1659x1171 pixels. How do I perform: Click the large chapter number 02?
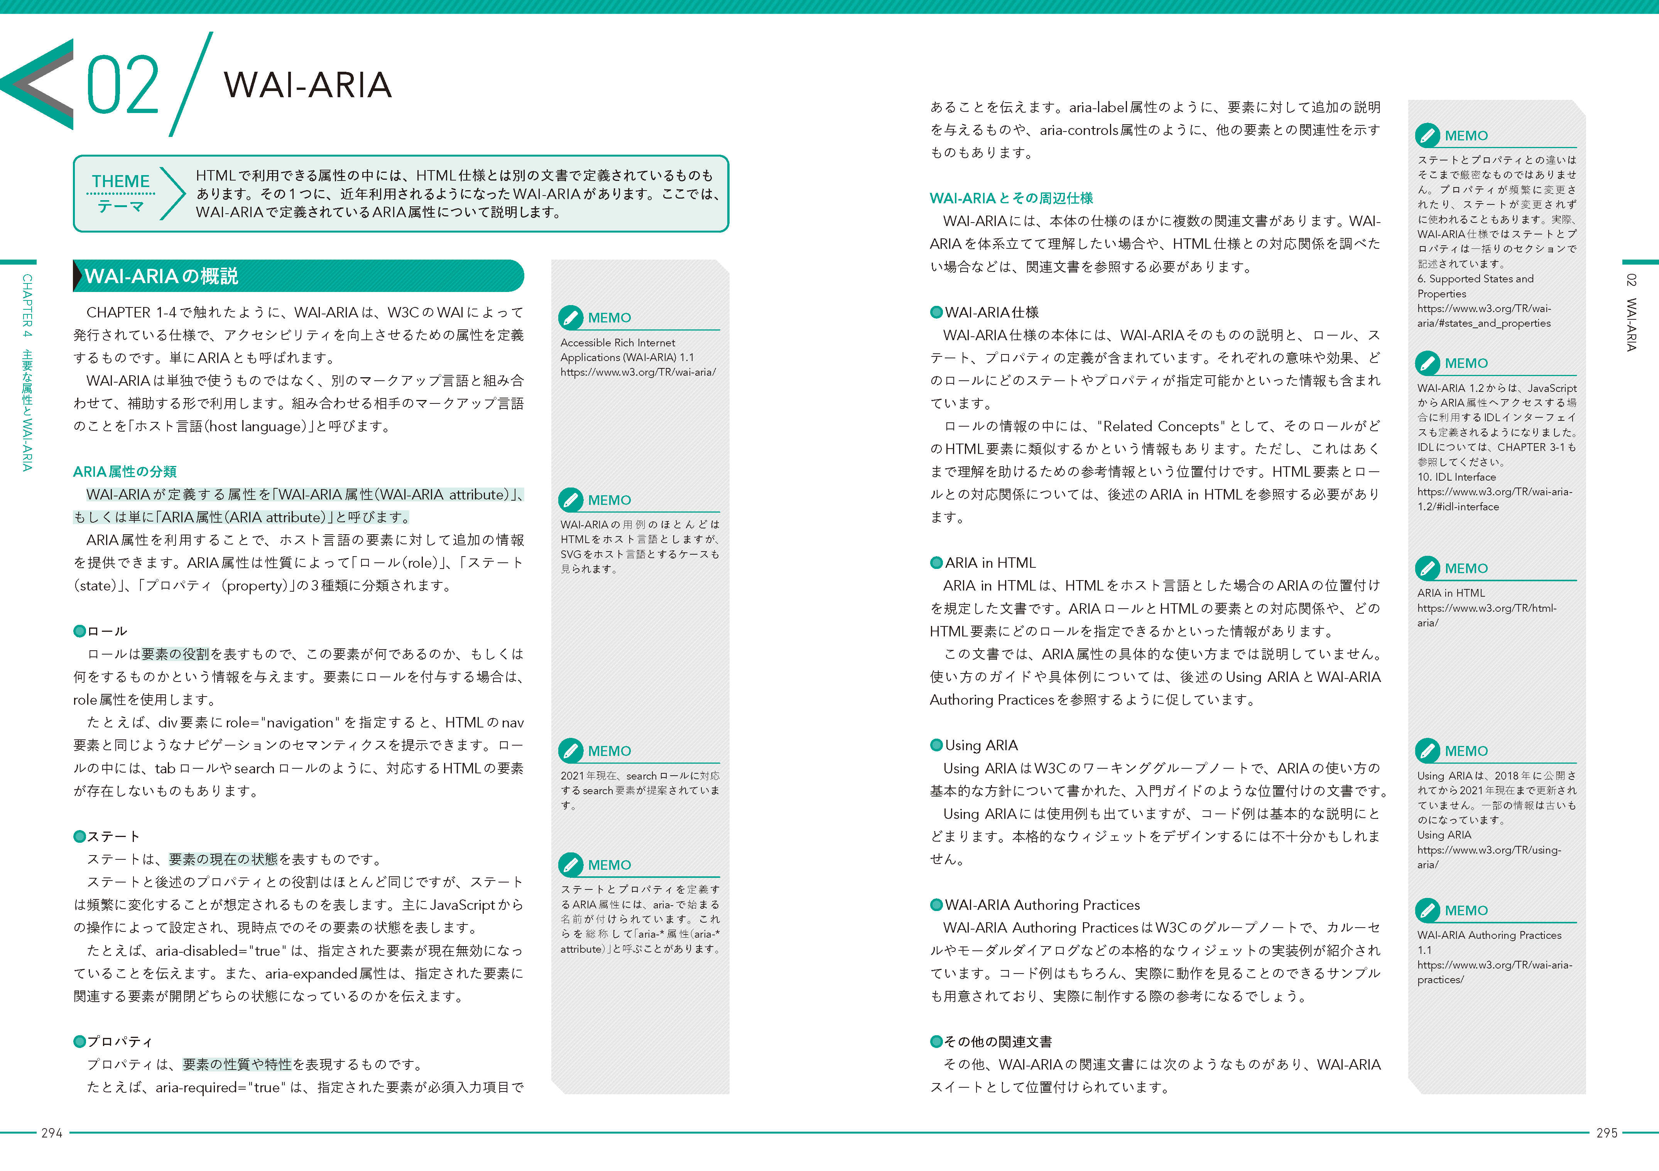pyautogui.click(x=123, y=85)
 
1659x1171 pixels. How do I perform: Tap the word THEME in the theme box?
pyautogui.click(x=121, y=181)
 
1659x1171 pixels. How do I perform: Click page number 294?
pyautogui.click(x=52, y=1133)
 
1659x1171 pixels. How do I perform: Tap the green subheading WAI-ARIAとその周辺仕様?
pyautogui.click(x=1011, y=198)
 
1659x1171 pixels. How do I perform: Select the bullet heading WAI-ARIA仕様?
pyautogui.click(x=992, y=312)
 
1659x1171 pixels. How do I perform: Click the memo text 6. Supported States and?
pyautogui.click(x=1475, y=279)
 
